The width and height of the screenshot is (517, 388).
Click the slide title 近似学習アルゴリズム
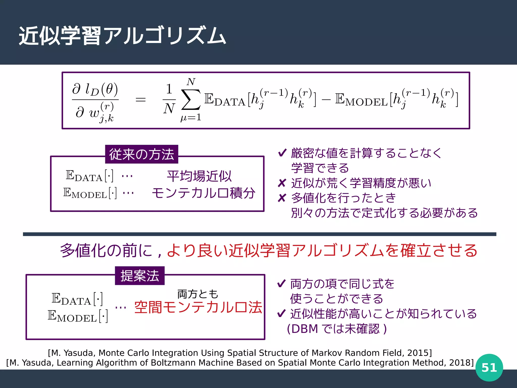pyautogui.click(x=122, y=36)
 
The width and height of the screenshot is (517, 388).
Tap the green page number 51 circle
pyautogui.click(x=489, y=368)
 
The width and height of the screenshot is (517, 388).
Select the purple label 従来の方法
pyautogui.click(x=142, y=154)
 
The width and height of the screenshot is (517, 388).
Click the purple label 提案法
pyautogui.click(x=140, y=276)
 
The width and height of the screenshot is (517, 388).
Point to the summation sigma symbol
pyautogui.click(x=191, y=100)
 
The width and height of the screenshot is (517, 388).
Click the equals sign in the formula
pyautogui.click(x=141, y=100)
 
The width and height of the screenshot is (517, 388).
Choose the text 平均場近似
pyautogui.click(x=199, y=176)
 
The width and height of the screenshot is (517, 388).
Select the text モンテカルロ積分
pyautogui.click(x=203, y=193)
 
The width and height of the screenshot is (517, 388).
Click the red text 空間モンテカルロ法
pyautogui.click(x=198, y=307)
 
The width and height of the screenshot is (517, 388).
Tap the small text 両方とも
pyautogui.click(x=198, y=294)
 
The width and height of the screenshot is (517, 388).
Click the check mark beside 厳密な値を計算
pyautogui.click(x=282, y=153)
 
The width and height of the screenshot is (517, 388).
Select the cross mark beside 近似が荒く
pyautogui.click(x=282, y=183)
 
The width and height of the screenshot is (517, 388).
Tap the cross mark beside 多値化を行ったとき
pyautogui.click(x=282, y=198)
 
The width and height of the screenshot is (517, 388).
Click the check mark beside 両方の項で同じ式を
pyautogui.click(x=281, y=284)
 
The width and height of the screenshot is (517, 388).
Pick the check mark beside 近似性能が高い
pyautogui.click(x=281, y=313)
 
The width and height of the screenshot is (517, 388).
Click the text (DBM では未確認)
pyautogui.click(x=337, y=329)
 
